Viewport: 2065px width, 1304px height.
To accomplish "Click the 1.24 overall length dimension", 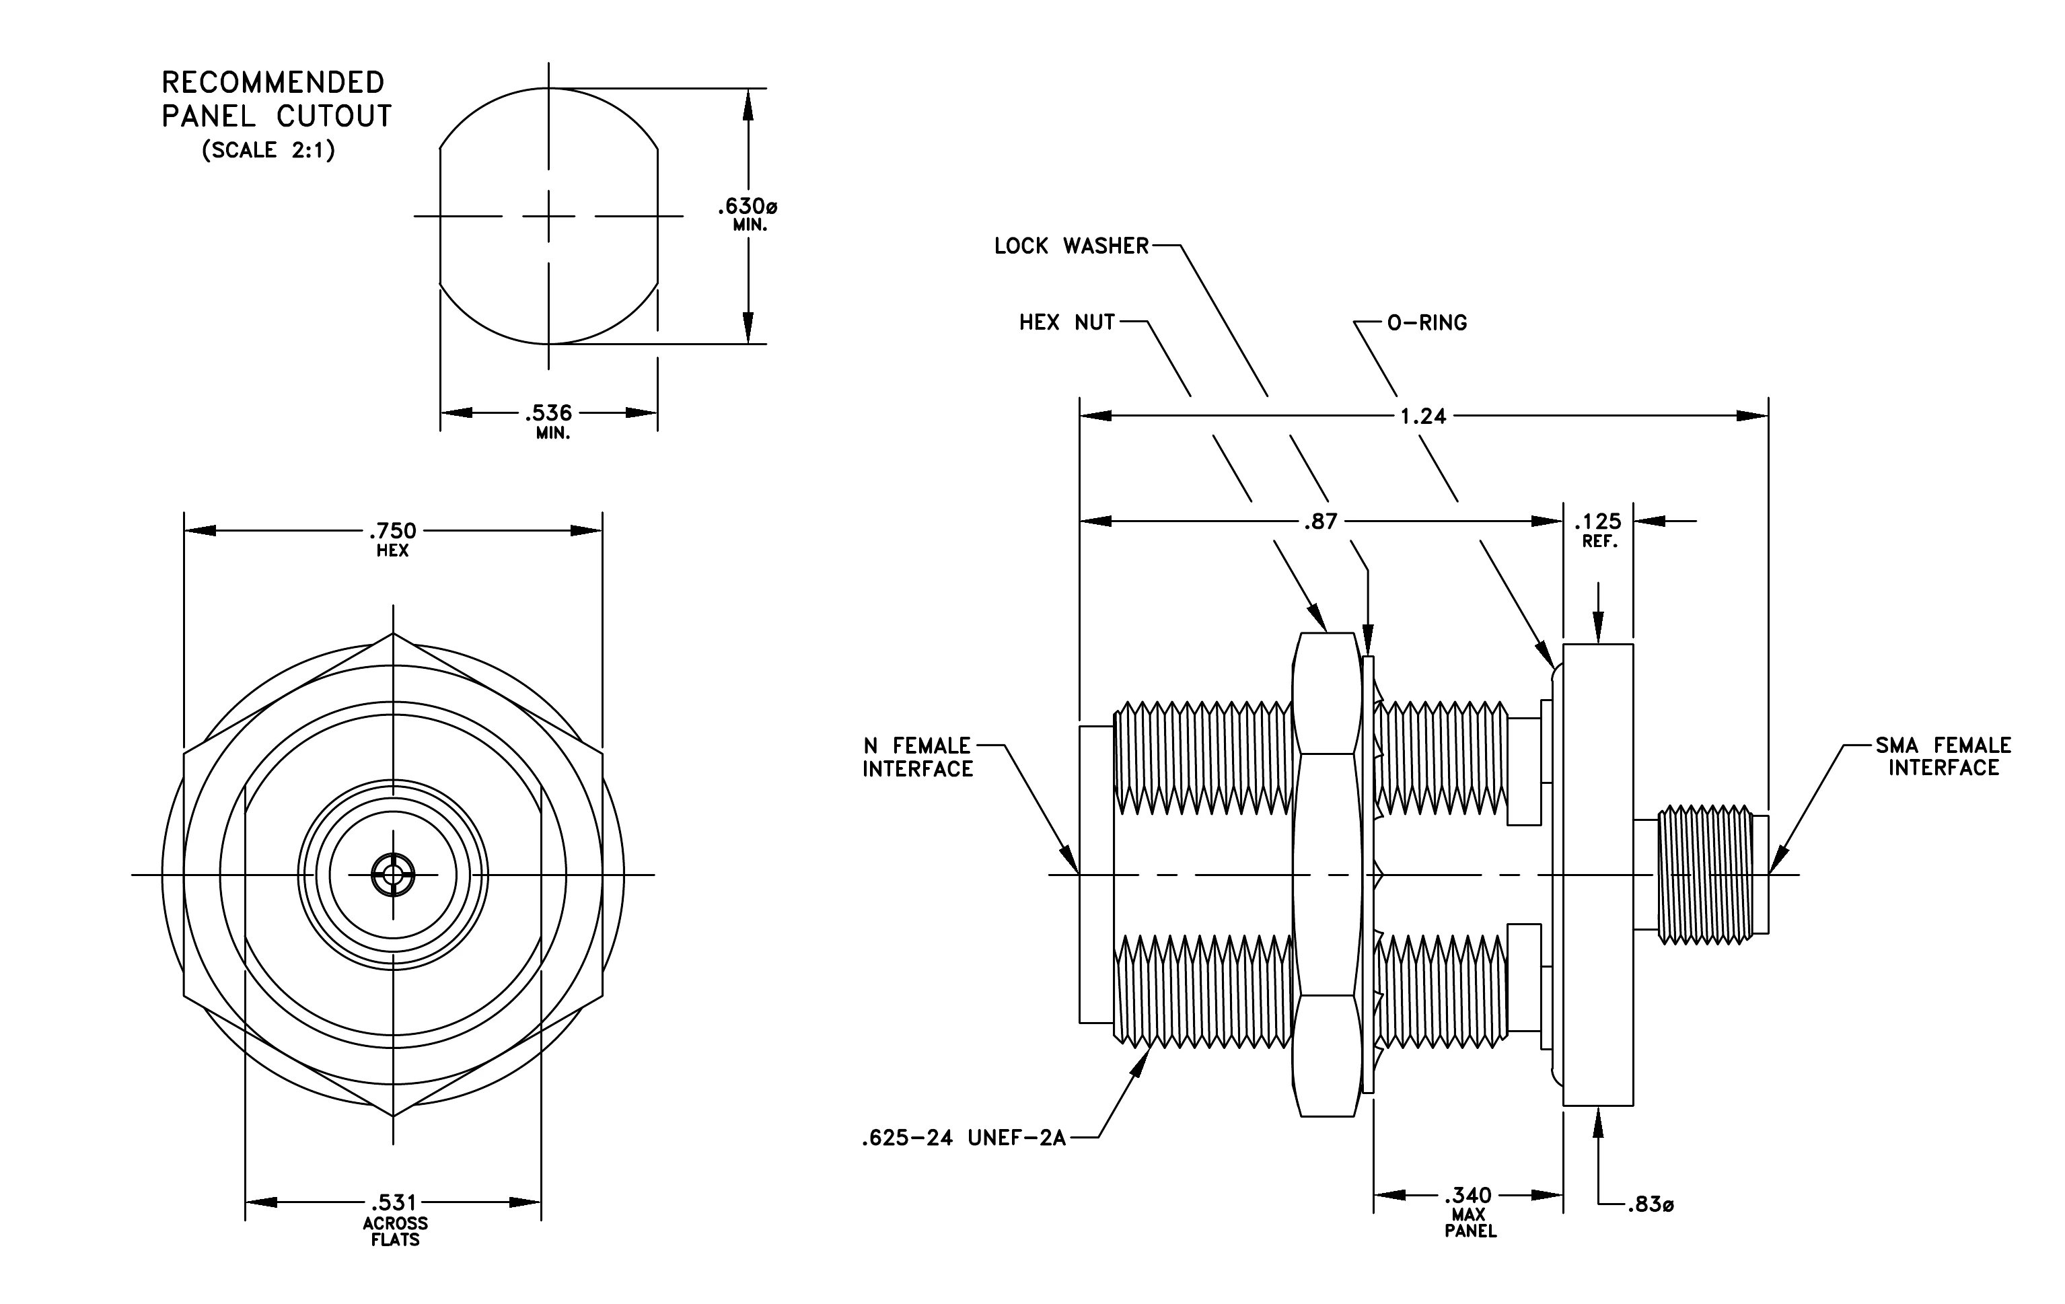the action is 1422,416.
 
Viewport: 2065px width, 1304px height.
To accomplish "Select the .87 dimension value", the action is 1321,521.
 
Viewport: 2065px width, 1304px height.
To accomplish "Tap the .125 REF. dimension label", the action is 1599,530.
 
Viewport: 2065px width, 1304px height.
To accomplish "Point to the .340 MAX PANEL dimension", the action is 1469,1211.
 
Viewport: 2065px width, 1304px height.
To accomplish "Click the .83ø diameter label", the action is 1650,1204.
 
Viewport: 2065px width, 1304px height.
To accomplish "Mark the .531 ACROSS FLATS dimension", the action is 394,1220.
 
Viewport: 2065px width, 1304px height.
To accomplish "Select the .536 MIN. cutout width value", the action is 550,421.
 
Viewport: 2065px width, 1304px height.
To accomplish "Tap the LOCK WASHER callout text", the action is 1071,246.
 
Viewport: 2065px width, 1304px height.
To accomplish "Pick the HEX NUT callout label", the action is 1066,322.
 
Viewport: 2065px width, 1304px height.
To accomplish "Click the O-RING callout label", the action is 1427,322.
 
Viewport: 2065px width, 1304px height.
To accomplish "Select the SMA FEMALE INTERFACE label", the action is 1943,756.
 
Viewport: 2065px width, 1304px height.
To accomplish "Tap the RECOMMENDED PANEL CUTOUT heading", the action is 276,100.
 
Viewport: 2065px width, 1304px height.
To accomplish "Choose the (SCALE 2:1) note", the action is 268,150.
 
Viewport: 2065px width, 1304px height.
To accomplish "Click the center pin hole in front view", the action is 393,875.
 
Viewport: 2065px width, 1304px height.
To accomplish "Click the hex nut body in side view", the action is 1328,875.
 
